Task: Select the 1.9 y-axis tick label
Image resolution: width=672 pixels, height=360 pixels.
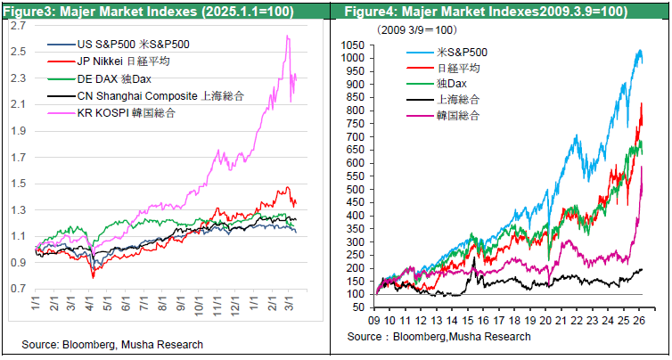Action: point(19,131)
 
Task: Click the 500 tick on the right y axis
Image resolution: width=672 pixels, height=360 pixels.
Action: point(356,189)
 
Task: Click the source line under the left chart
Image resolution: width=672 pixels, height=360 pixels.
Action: point(114,344)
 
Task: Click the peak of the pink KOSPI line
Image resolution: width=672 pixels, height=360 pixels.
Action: point(287,36)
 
